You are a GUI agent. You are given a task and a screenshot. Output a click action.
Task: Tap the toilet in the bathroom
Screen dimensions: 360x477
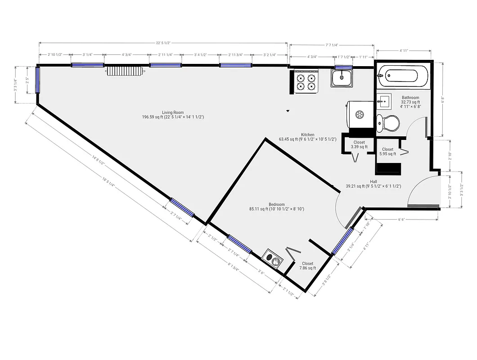(x=388, y=122)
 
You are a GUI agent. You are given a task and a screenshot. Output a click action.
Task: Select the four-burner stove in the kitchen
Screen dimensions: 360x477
(x=306, y=81)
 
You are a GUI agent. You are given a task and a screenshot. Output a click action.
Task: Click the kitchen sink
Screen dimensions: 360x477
(x=342, y=78)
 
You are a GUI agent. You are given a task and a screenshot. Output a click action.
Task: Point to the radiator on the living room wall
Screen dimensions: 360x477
(x=126, y=71)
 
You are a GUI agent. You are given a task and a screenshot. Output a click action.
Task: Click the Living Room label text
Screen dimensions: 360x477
(x=173, y=115)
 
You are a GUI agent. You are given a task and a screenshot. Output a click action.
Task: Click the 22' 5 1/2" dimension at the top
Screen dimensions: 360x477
(x=163, y=43)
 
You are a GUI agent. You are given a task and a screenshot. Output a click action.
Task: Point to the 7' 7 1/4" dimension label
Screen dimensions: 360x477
(x=332, y=45)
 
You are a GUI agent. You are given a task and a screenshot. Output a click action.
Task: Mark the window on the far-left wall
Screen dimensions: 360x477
(x=38, y=80)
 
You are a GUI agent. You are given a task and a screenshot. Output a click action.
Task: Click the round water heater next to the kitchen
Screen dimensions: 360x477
(x=360, y=114)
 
